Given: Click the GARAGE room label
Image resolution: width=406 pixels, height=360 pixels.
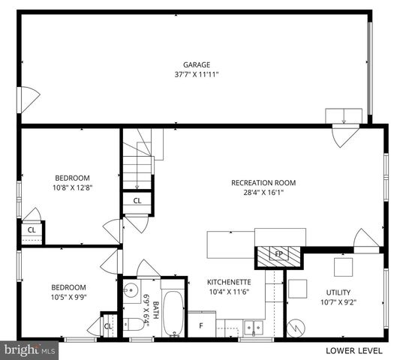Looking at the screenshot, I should click(x=197, y=64).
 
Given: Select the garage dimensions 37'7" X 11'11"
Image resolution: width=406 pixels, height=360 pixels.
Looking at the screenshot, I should click(x=197, y=74).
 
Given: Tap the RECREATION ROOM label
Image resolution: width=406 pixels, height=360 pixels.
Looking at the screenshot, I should click(x=263, y=182).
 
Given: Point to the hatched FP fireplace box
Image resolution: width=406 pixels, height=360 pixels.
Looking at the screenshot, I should click(x=278, y=254).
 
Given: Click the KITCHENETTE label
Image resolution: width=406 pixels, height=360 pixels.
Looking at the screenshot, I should click(x=228, y=282).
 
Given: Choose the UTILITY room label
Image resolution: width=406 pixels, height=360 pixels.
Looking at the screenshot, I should click(x=338, y=292).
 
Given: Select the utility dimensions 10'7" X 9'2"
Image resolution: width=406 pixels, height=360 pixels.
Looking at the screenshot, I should click(x=338, y=302).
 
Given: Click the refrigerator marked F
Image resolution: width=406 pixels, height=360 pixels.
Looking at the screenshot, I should click(x=201, y=325).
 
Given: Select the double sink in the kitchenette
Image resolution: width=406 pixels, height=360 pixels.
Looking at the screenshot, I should click(x=254, y=327).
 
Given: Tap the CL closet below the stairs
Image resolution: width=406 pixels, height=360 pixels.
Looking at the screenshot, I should click(x=137, y=201).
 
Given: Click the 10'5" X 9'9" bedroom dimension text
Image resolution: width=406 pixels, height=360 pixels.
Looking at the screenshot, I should click(x=68, y=297).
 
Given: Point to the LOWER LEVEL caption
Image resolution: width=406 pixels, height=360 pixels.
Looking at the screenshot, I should click(x=354, y=350).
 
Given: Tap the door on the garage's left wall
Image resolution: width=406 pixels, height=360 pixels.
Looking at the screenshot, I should click(x=28, y=99).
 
